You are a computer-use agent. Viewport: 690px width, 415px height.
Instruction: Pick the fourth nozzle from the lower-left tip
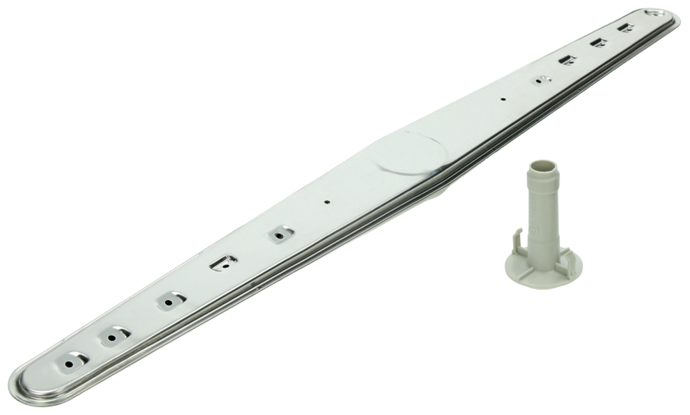click(224, 262)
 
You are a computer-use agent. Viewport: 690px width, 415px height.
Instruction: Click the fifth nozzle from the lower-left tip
click(281, 234)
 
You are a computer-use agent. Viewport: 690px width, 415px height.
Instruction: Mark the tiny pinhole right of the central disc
click(502, 99)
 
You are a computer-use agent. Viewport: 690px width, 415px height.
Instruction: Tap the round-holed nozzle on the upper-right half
click(541, 80)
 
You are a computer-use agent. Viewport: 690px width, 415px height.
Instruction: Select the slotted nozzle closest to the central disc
click(567, 60)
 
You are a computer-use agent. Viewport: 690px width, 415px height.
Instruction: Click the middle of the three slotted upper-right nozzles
click(598, 42)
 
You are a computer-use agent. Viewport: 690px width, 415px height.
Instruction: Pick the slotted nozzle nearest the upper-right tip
click(626, 27)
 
